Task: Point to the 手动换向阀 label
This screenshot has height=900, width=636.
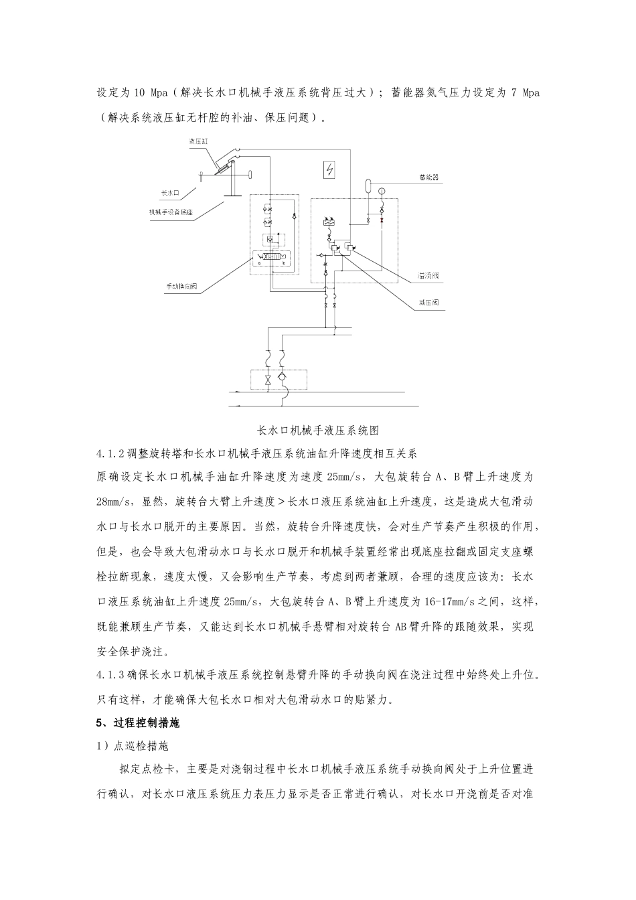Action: [181, 287]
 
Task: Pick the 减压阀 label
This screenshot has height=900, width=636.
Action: [428, 303]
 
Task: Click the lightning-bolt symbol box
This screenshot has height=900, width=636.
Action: [329, 171]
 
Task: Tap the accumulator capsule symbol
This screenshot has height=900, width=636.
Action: [368, 183]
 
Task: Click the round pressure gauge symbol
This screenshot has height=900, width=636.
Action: [382, 192]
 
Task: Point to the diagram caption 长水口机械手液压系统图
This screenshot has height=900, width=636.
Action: [318, 430]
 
